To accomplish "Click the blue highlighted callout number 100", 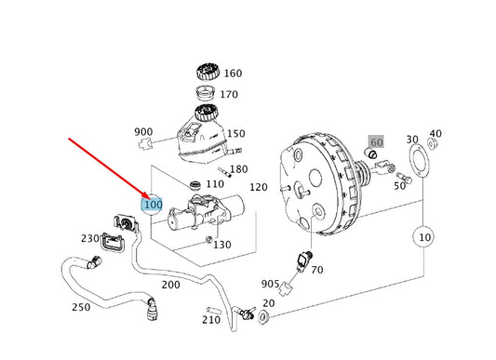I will tap(152, 205).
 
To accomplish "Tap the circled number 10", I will tap(424, 238).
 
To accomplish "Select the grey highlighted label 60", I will tap(376, 142).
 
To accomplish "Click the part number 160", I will tap(233, 73).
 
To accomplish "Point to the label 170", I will tap(229, 94).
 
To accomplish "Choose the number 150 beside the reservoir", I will tap(236, 134).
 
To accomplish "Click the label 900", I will tap(143, 132).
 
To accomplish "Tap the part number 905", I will tap(270, 285).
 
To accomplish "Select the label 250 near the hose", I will tap(82, 308).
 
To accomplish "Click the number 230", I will tap(89, 238).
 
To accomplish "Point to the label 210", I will tap(211, 320).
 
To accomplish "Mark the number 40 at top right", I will tap(436, 134).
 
